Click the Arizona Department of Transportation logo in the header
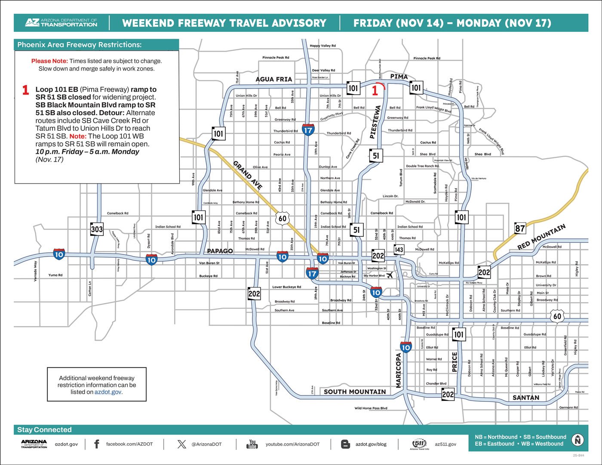coord(61,23)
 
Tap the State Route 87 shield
coord(520,228)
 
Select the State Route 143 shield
coord(399,249)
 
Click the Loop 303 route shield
coord(97,229)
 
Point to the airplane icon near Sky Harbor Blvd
coord(390,275)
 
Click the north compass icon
coord(577,440)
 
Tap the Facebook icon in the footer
coord(96,444)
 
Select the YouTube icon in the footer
coord(252,444)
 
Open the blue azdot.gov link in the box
coord(107,392)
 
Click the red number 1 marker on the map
coord(375,90)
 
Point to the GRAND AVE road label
coord(248,175)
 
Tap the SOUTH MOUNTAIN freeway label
coord(355,392)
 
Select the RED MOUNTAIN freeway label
coord(541,237)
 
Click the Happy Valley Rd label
coord(322,46)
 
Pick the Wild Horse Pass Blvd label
coord(371,408)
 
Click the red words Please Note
coord(49,61)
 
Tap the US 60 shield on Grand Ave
coord(282,218)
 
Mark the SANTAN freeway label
coord(525,398)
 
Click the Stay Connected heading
coord(44,430)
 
